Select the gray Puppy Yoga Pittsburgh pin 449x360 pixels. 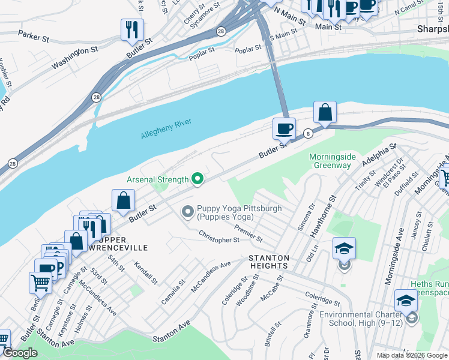coord(187,211)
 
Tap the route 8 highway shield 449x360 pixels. coord(308,133)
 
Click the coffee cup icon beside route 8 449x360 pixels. coord(284,128)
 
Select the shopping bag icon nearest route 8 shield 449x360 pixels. coord(325,112)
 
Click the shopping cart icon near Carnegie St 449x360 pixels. coord(40,282)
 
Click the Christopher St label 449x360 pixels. coord(219,237)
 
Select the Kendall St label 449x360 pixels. coord(146,272)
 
